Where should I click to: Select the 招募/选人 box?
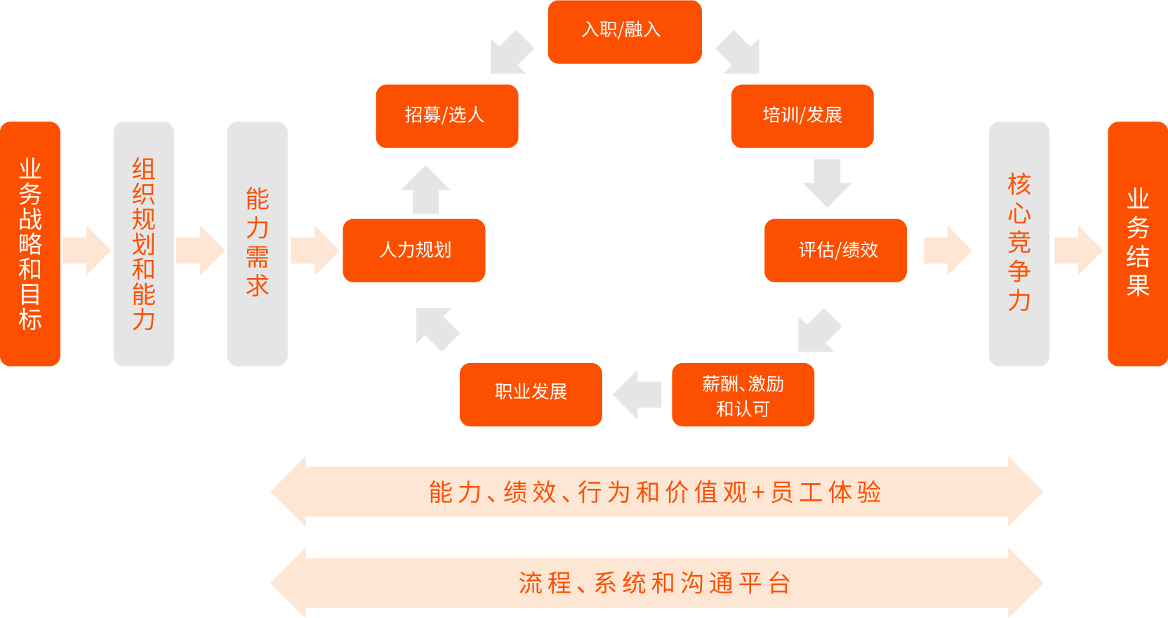446,116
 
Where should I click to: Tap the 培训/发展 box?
802,116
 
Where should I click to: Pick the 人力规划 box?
414,250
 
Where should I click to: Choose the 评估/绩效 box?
835,250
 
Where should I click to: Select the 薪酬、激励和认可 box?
743,395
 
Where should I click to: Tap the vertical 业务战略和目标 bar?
30,244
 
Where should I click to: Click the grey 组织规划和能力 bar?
143,244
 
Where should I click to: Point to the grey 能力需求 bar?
257,244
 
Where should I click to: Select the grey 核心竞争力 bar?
1019,244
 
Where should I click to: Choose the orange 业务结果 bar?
1137,244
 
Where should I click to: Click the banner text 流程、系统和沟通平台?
656,583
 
